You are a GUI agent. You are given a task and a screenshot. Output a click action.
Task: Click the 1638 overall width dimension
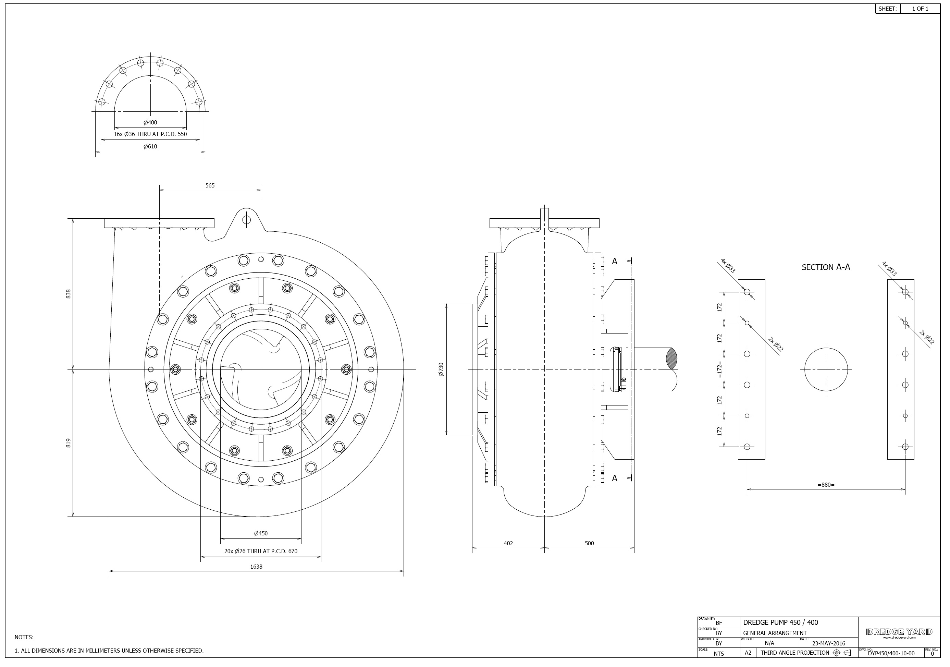[256, 567]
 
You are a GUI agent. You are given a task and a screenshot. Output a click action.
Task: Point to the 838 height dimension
[69, 293]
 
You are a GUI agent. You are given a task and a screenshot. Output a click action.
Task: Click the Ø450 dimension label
[261, 533]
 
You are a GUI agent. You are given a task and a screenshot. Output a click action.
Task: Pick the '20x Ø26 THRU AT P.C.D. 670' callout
[261, 551]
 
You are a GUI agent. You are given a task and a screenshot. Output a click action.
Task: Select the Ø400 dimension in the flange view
[150, 123]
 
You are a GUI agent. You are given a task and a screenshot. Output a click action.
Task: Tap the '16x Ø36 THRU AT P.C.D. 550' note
[150, 134]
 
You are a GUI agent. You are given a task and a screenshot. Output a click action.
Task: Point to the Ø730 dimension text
[441, 369]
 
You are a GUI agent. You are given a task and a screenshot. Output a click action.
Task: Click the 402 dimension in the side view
[508, 543]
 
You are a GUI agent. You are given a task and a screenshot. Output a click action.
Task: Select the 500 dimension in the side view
[589, 543]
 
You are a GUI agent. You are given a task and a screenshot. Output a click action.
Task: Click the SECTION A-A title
[826, 267]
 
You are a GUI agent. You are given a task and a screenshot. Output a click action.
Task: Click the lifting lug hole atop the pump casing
[247, 219]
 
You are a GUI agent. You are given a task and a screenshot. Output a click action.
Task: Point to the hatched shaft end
[672, 358]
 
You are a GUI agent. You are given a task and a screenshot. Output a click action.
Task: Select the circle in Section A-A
[826, 369]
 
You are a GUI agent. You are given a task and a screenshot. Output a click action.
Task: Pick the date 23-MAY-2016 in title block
[829, 643]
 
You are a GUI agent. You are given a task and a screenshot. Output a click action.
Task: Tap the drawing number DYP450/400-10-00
[891, 654]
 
